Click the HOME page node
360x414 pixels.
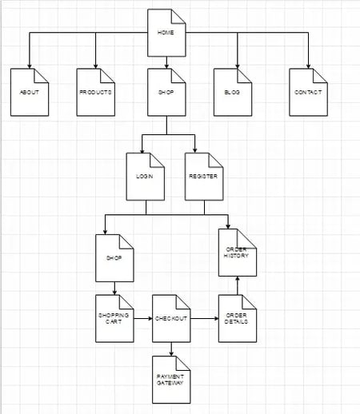166,33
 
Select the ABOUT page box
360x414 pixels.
30,92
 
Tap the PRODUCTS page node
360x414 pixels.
96,92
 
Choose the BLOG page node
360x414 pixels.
233,92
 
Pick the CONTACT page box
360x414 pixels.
308,92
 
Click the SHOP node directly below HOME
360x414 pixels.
166,92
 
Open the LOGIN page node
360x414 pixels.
145,176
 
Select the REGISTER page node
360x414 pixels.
203,176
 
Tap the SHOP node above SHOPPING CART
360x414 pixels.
114,257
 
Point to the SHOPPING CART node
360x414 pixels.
114,318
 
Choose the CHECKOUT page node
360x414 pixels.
171,318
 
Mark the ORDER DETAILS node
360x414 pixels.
238,318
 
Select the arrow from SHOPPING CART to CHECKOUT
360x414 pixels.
142,318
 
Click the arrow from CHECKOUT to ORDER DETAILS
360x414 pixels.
204,318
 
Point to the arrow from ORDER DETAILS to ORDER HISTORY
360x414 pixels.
238,285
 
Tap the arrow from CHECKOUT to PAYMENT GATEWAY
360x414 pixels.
171,348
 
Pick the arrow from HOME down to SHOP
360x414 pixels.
166,62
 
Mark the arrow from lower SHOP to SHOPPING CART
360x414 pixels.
114,289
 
